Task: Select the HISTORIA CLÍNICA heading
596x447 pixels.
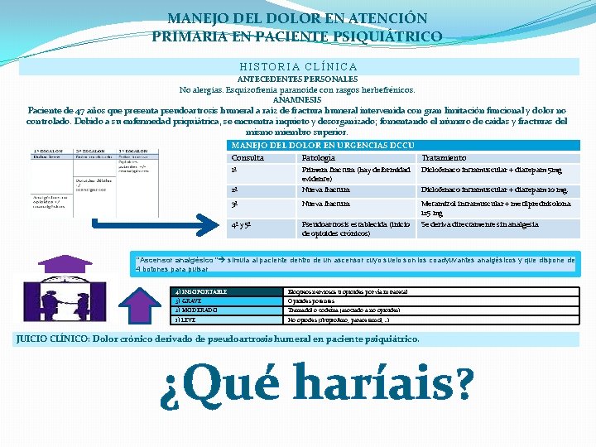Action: pyautogui.click(x=298, y=66)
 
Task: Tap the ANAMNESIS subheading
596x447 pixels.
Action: pyautogui.click(x=297, y=99)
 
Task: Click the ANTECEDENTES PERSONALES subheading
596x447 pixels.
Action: pyautogui.click(x=297, y=79)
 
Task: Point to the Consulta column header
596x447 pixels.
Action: pyautogui.click(x=248, y=157)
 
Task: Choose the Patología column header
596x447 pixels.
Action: pyautogui.click(x=319, y=157)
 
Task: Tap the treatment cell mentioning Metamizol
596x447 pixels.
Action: pyautogui.click(x=495, y=208)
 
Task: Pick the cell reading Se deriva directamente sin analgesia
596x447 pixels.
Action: pyautogui.click(x=479, y=224)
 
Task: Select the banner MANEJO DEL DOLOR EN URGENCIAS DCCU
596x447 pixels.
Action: pyautogui.click(x=323, y=146)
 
